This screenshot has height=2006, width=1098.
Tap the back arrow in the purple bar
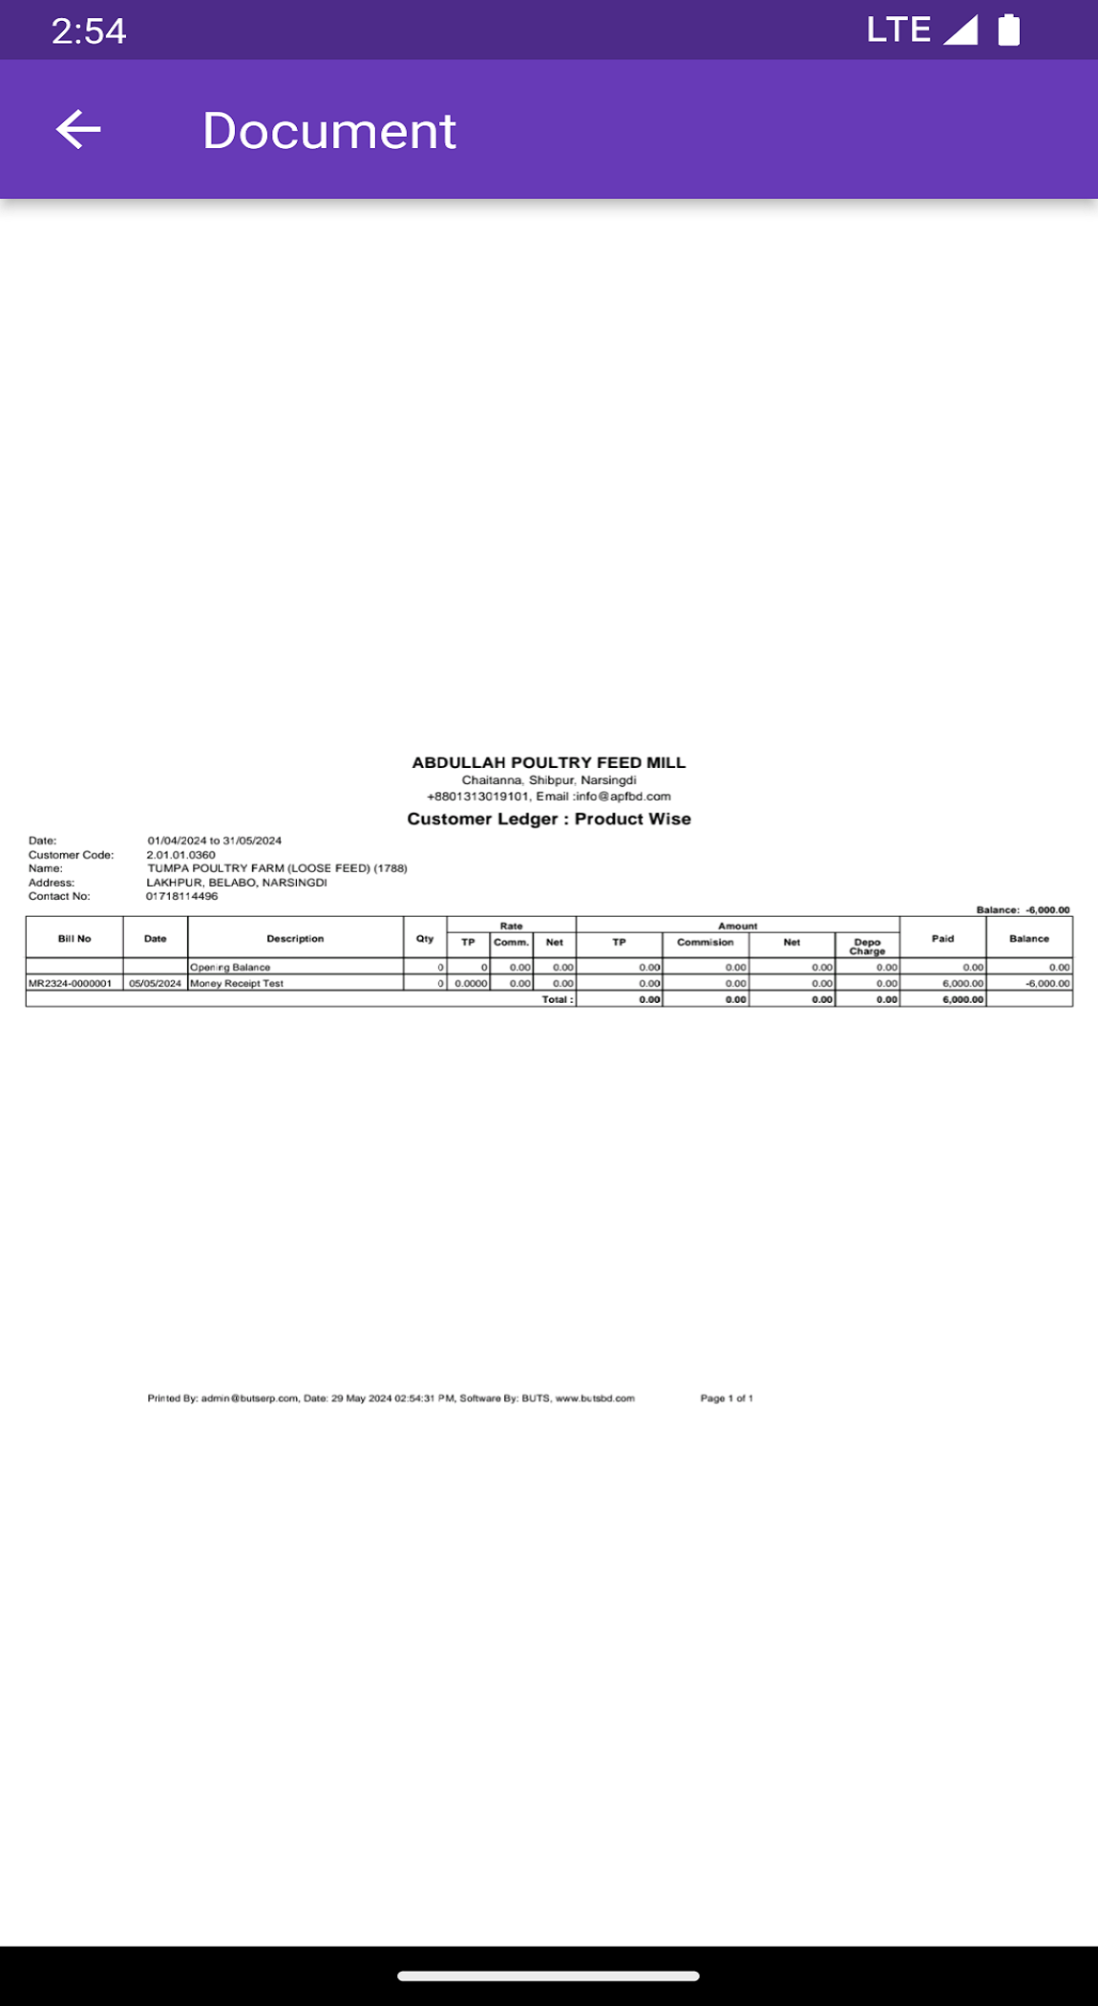click(78, 129)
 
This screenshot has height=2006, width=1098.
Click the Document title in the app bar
click(328, 131)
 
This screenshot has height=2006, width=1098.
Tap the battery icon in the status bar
click(1008, 31)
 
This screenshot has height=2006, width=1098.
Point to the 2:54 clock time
click(89, 32)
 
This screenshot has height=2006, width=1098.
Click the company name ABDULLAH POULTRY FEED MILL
click(548, 762)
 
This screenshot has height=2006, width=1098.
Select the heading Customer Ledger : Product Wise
click(548, 819)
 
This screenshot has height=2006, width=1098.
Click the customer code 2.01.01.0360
click(180, 855)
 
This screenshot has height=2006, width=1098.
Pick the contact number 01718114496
click(181, 896)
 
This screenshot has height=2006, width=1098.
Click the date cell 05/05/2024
click(155, 983)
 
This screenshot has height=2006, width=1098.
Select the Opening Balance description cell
click(230, 968)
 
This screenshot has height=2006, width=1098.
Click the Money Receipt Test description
click(237, 983)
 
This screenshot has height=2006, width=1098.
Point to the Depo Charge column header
click(867, 946)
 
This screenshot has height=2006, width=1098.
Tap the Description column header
click(295, 938)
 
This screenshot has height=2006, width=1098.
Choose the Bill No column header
click(74, 938)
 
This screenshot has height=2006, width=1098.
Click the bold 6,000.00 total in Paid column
click(962, 999)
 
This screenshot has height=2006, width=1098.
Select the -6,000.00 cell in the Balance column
click(1047, 983)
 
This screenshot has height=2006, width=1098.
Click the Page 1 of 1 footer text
click(727, 1398)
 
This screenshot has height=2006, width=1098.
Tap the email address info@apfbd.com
click(623, 796)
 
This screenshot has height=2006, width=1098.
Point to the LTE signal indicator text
click(897, 30)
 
